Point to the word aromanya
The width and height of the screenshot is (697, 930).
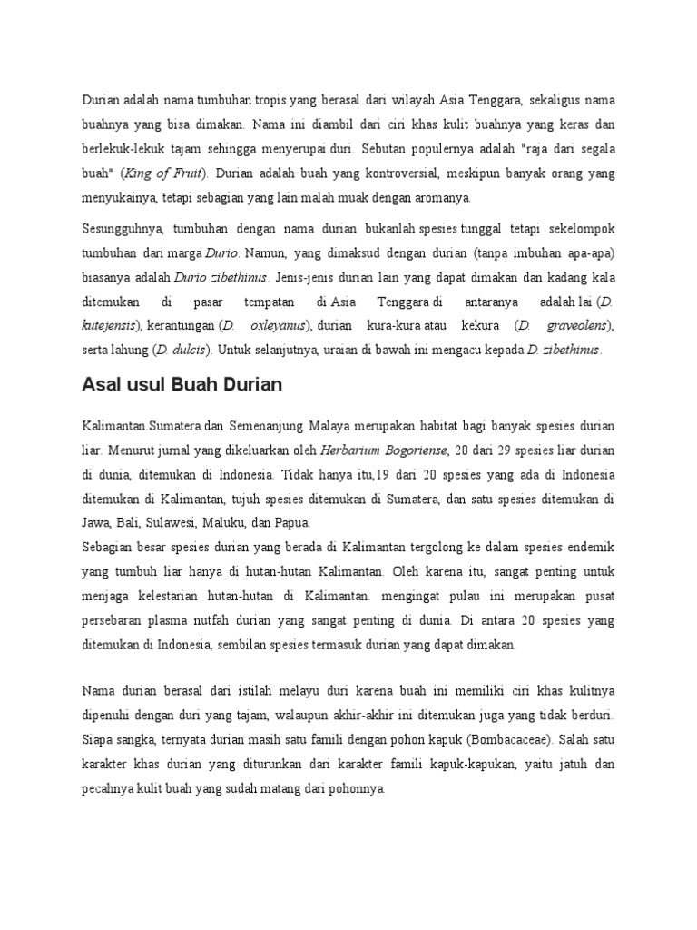click(436, 197)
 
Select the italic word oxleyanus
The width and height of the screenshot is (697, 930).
click(276, 324)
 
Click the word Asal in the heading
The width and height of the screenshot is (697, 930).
click(101, 385)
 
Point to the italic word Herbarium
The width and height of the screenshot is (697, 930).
click(351, 449)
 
